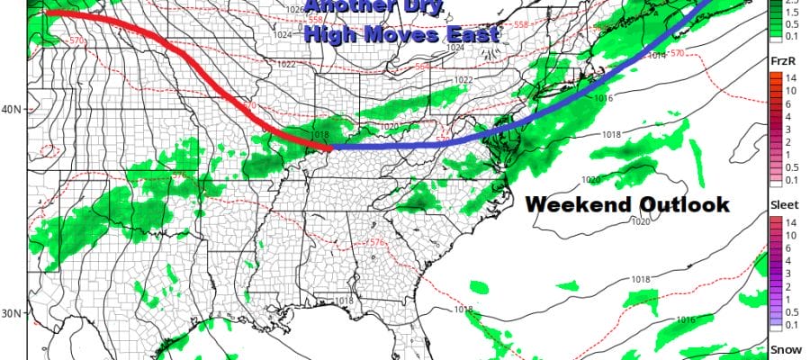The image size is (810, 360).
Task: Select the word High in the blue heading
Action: click(331, 36)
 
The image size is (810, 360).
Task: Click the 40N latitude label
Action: click(14, 109)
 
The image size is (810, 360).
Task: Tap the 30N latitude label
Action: click(14, 313)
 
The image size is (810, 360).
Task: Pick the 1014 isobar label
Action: click(654, 56)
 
